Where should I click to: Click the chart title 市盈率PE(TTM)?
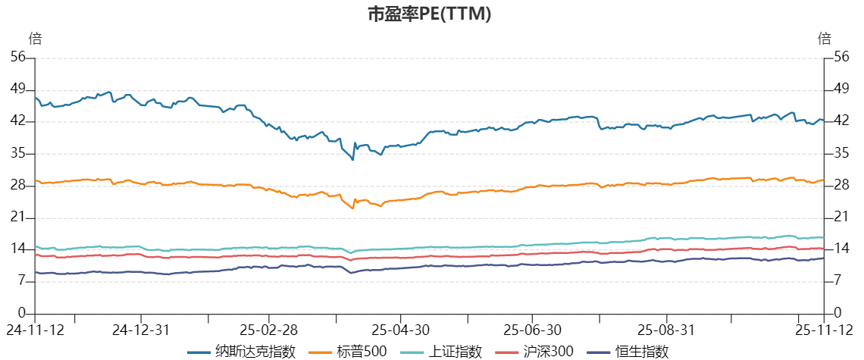430,14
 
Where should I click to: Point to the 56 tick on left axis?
18,57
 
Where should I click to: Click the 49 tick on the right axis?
841,89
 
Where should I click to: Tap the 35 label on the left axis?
18,153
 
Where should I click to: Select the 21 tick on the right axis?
841,218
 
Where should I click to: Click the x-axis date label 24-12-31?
140,330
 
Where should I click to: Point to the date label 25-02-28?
269,330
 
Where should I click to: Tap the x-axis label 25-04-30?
402,330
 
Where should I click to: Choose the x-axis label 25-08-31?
665,330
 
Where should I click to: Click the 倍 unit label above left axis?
35,39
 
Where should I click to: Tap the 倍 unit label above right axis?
825,39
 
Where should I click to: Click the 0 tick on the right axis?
837,313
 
